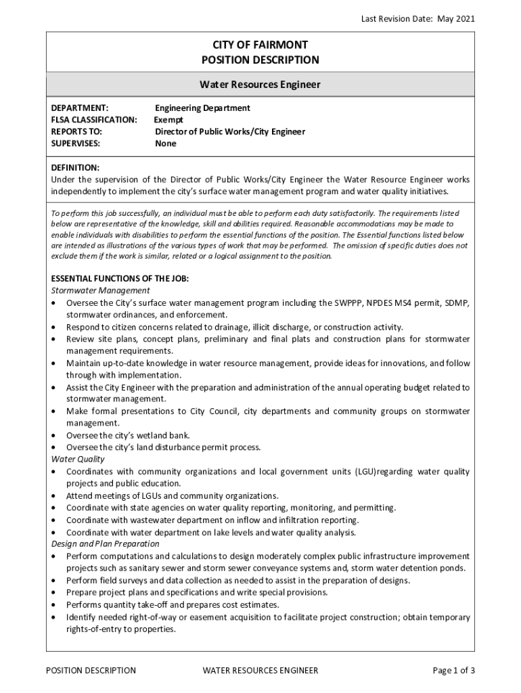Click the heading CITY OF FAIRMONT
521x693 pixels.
point(260,45)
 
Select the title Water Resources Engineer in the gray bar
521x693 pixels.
point(260,85)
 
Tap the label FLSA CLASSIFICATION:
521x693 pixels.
point(94,120)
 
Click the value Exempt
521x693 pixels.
point(168,120)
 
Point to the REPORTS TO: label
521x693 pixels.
point(77,131)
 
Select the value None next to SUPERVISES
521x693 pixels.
point(165,143)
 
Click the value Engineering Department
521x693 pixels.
point(202,108)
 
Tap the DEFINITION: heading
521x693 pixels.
point(76,167)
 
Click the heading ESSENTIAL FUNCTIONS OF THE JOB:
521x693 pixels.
point(120,278)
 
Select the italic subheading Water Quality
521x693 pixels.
point(78,459)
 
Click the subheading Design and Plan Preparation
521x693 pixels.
point(106,543)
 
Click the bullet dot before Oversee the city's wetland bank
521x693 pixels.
point(54,435)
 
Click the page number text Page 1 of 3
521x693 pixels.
point(453,671)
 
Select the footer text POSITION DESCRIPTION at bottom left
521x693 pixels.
point(91,671)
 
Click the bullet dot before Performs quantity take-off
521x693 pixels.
point(54,605)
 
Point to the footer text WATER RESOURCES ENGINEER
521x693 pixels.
point(260,671)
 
